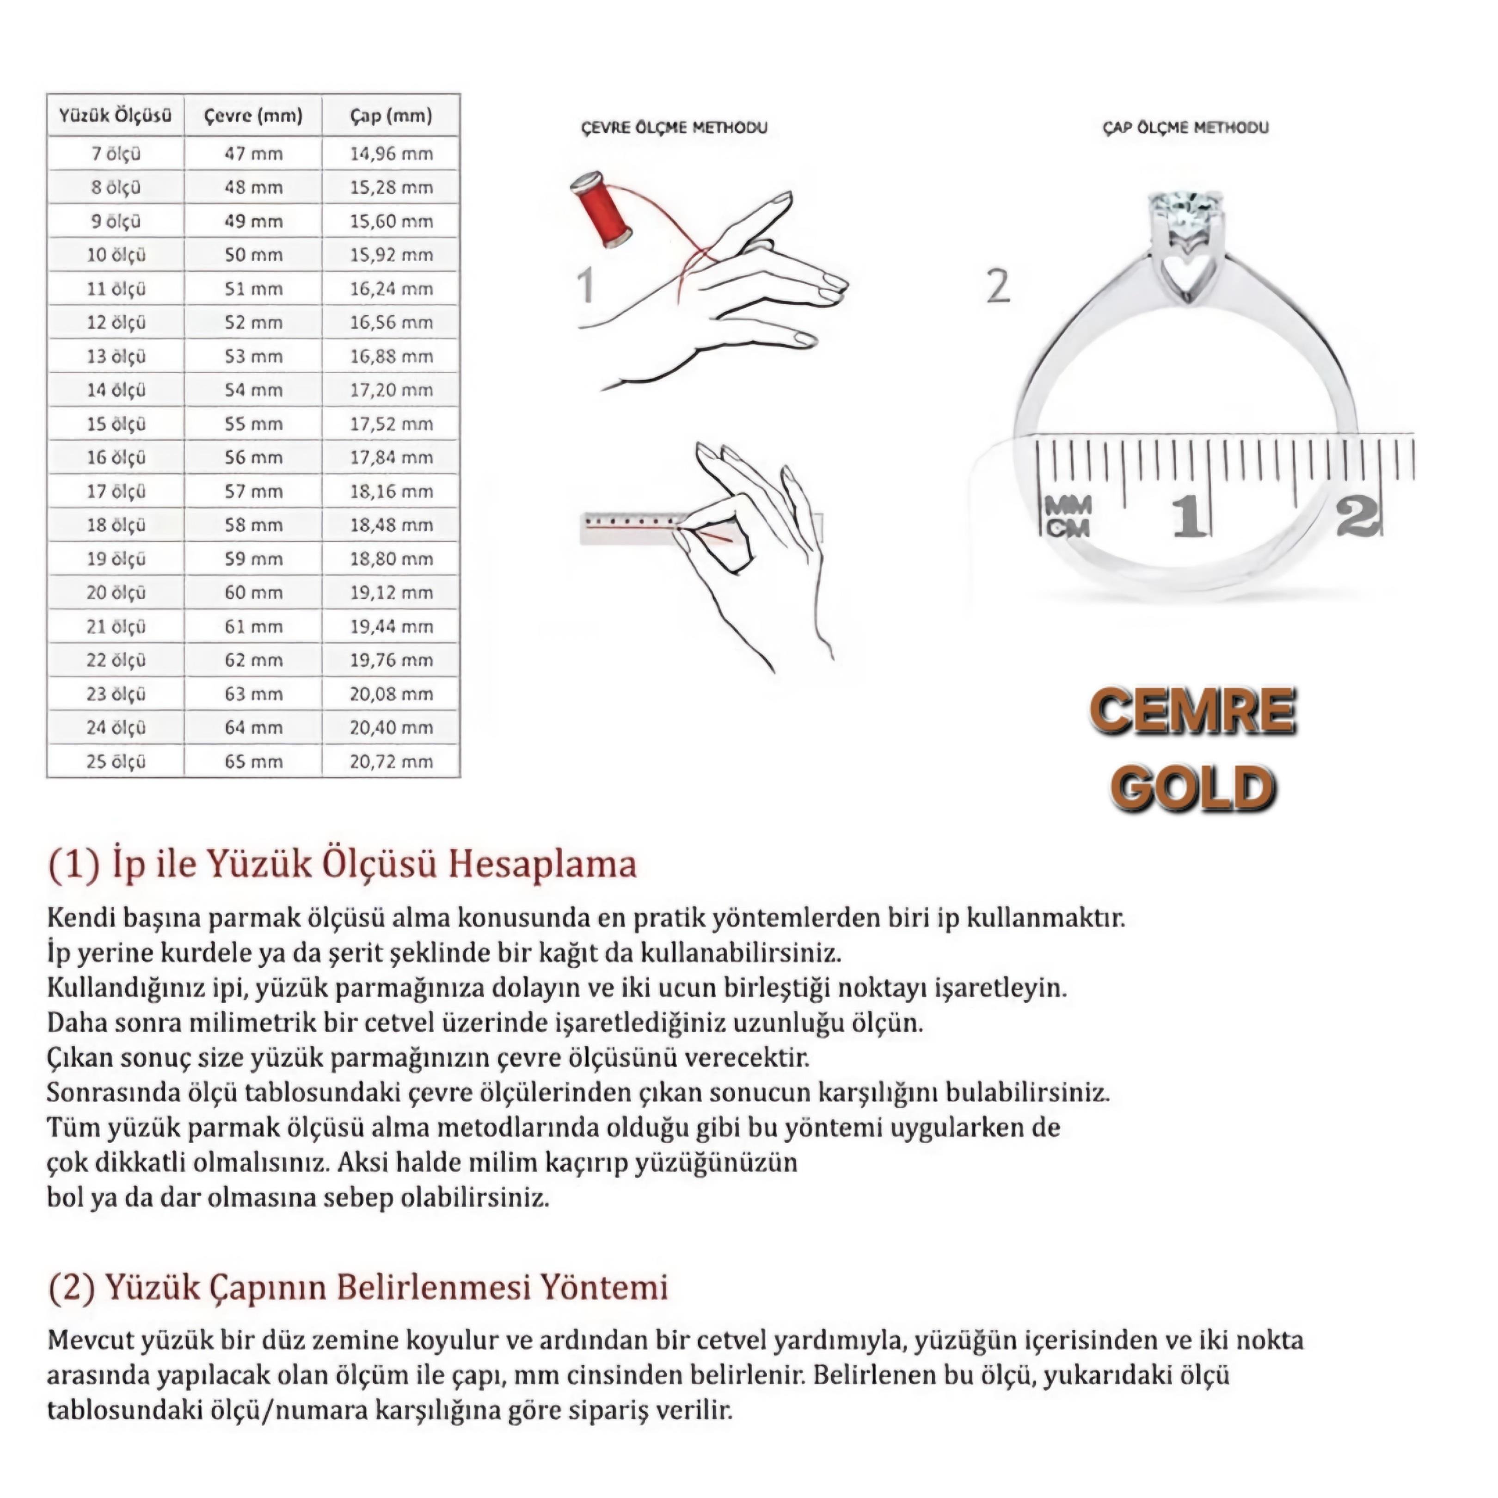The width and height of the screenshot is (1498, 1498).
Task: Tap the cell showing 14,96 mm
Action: pos(391,153)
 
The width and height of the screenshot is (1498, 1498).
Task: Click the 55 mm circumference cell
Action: pos(253,424)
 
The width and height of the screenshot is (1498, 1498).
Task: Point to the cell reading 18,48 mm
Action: pos(391,525)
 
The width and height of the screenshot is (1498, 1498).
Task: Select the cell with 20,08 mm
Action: pos(391,694)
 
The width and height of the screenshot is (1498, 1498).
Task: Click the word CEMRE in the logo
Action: pos(1192,712)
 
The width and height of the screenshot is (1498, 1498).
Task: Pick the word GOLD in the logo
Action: pos(1192,788)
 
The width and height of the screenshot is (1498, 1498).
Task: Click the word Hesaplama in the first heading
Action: pos(543,864)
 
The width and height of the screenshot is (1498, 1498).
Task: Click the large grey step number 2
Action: pos(998,286)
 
